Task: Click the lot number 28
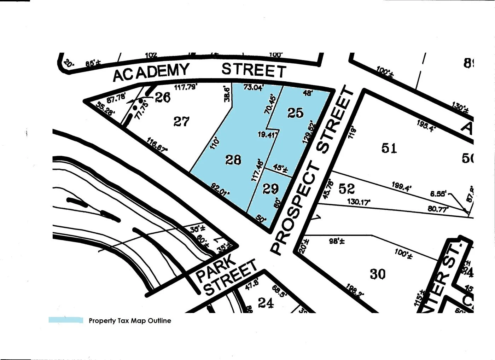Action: tap(233, 160)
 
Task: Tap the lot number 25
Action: tap(295, 112)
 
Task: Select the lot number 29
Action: tap(270, 189)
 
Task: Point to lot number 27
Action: tap(181, 122)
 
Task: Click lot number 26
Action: tap(163, 97)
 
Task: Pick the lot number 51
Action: tap(389, 148)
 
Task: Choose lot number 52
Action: tap(346, 188)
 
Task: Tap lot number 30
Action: tap(378, 274)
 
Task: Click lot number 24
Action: tap(266, 303)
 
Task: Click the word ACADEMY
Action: tap(151, 72)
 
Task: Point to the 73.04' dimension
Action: tap(254, 87)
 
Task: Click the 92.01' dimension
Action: tap(220, 189)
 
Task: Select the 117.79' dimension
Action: tap(186, 87)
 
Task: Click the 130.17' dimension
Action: tap(359, 202)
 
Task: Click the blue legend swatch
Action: tap(66, 320)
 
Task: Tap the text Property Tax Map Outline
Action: tap(130, 321)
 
